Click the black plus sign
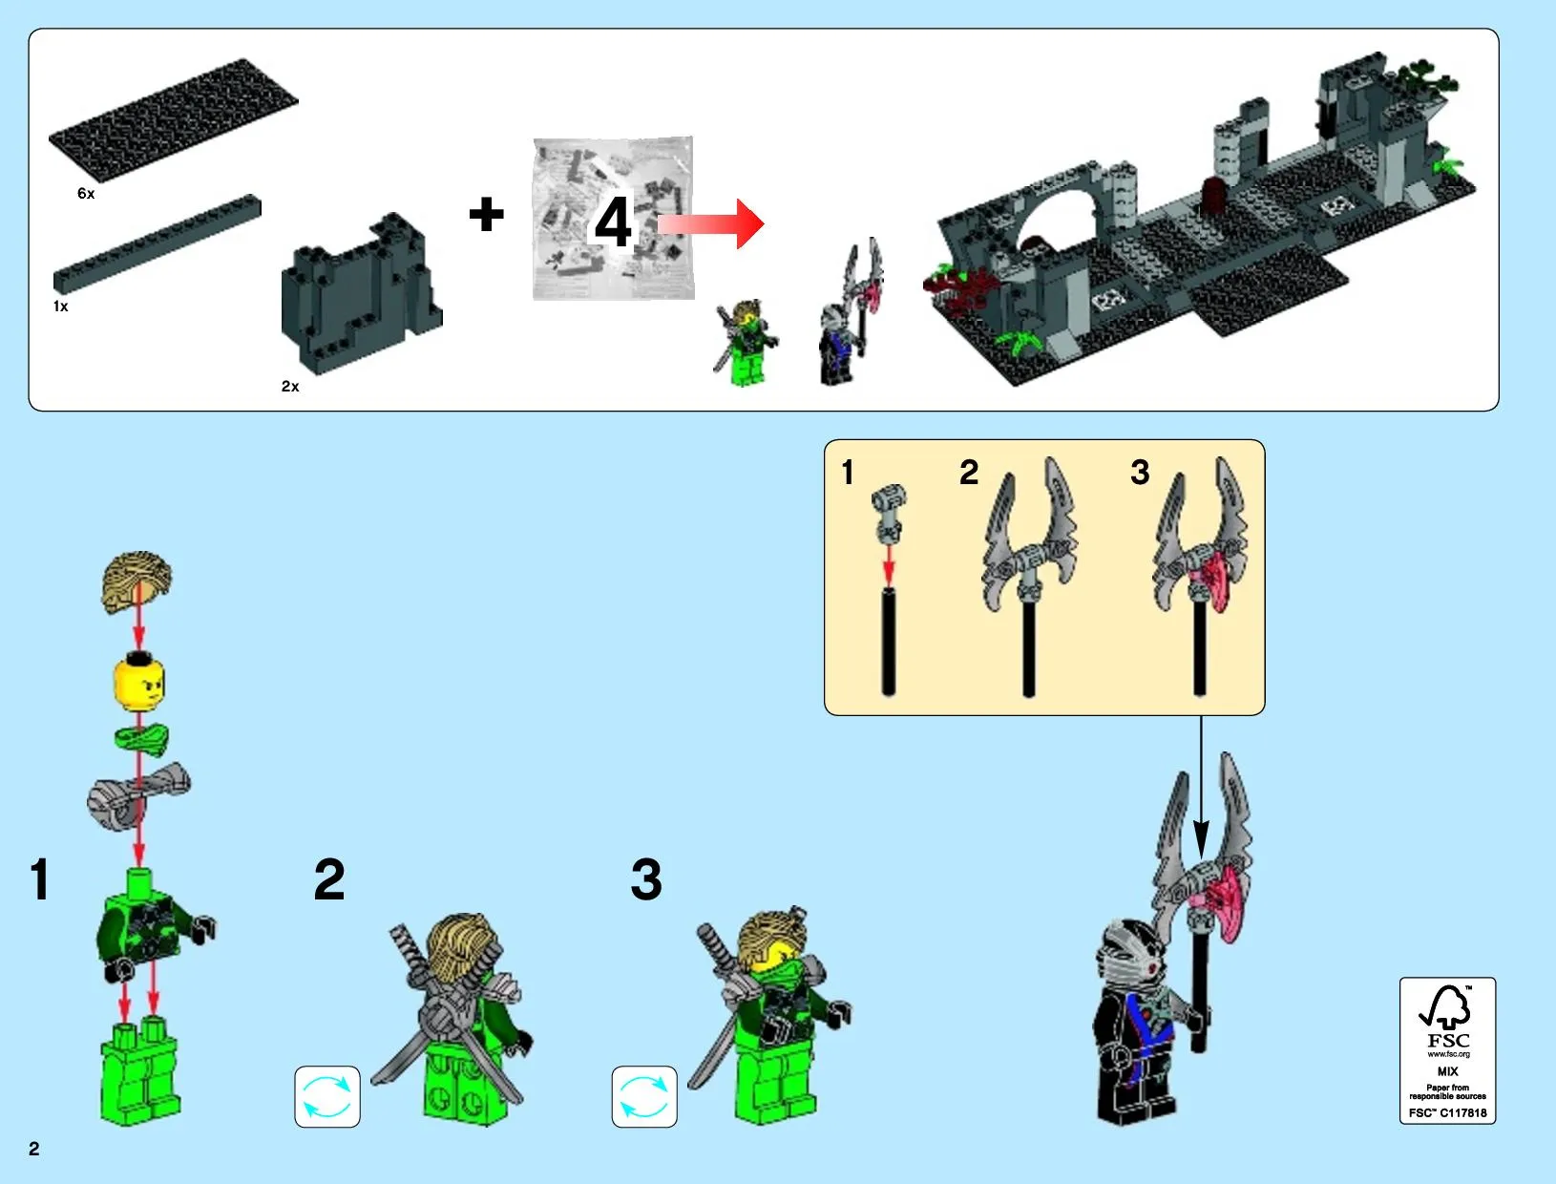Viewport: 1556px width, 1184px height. click(x=486, y=214)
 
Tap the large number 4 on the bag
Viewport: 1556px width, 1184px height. click(x=613, y=222)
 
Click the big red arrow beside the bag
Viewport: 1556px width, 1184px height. click(x=711, y=224)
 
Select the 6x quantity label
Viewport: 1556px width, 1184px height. click(x=86, y=194)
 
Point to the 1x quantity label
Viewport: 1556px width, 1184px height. click(x=61, y=307)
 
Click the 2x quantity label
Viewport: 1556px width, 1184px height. click(x=290, y=387)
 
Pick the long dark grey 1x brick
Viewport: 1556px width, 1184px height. click(x=158, y=243)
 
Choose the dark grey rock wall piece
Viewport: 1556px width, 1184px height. click(x=362, y=293)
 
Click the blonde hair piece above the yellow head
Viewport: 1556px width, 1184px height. click(x=137, y=581)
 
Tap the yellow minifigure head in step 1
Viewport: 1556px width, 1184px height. click(x=139, y=683)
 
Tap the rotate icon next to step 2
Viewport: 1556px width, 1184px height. click(x=327, y=1096)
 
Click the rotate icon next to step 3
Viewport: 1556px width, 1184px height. click(x=644, y=1096)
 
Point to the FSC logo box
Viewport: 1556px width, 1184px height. click(x=1447, y=1050)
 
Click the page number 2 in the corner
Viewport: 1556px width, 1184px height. click(x=34, y=1149)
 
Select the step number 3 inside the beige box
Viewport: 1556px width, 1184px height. click(x=1140, y=473)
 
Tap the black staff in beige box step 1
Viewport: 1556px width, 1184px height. click(x=888, y=642)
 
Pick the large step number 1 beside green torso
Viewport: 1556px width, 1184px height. click(x=40, y=879)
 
